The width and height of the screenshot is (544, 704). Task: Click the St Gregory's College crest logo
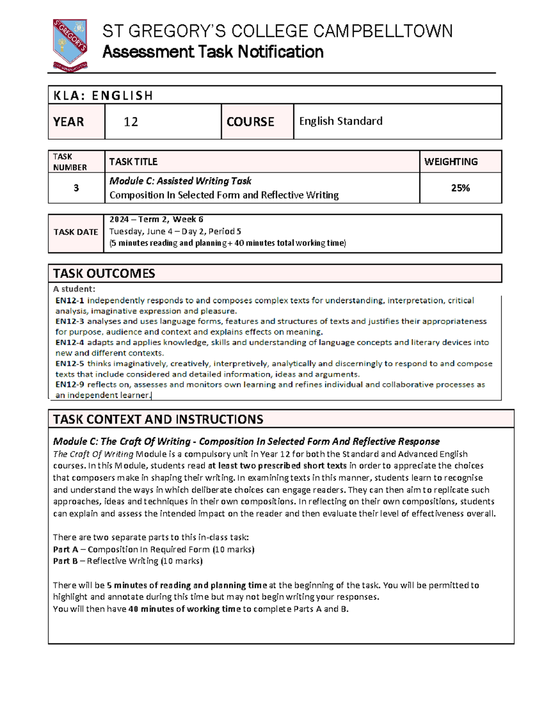tap(70, 45)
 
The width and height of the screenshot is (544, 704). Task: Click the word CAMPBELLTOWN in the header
tap(383, 31)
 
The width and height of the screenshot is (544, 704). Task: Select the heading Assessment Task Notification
tap(213, 52)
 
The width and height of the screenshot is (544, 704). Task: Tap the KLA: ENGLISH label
tap(103, 96)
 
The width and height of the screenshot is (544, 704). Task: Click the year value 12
tap(131, 122)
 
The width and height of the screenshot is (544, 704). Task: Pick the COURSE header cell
tap(250, 122)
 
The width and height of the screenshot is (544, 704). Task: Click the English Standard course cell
tap(340, 121)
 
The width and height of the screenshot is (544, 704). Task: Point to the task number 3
tap(76, 188)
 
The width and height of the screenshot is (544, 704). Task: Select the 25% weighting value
tap(460, 188)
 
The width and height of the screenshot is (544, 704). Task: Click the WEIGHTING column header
tap(451, 162)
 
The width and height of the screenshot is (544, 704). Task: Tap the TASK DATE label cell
tap(76, 232)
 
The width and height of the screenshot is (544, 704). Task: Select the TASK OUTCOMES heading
tap(104, 273)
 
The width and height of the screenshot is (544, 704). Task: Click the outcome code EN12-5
tap(70, 364)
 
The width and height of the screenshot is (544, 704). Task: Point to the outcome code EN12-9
tap(70, 384)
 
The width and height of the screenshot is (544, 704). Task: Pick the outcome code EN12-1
tap(70, 301)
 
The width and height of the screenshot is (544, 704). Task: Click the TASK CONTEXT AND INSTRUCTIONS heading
tap(158, 419)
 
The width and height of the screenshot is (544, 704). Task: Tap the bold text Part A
tap(65, 549)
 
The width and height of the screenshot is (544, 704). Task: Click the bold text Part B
tap(65, 561)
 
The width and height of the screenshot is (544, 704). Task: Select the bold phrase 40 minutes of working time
tap(185, 609)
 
